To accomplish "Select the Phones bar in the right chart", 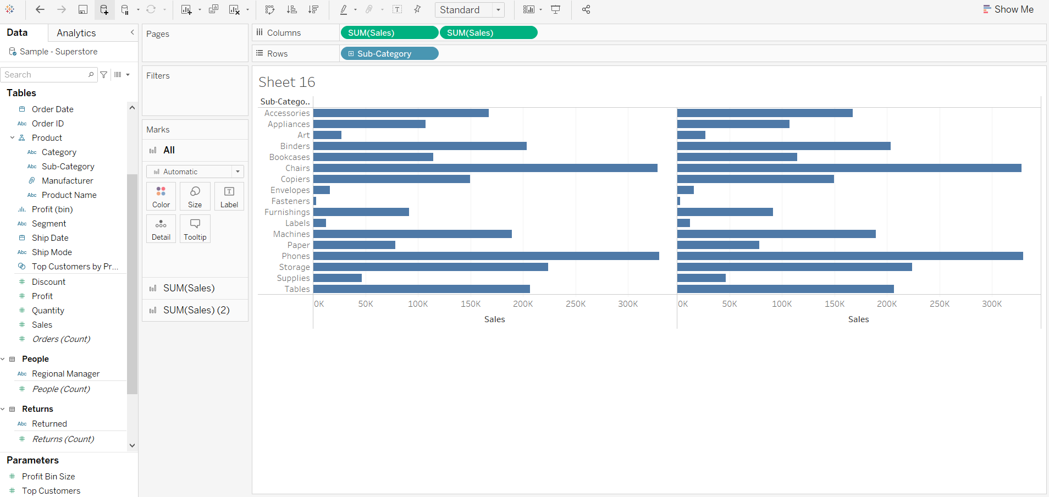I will point(849,256).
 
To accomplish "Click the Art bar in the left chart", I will point(327,135).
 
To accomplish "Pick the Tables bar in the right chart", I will point(785,289).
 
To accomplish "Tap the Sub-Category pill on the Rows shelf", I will point(389,54).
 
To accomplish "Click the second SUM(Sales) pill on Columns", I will point(488,33).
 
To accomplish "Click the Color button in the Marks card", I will point(161,196).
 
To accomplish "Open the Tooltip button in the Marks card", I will point(195,229).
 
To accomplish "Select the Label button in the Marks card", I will point(229,196).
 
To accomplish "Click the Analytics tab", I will point(76,33).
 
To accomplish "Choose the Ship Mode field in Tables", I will point(52,252).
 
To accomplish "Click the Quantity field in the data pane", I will point(48,311).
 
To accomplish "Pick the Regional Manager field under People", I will point(65,374).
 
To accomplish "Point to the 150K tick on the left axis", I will point(471,304).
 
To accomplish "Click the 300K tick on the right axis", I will point(992,304).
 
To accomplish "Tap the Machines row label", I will point(291,234).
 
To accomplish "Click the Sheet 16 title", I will point(287,82).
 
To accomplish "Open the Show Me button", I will point(1008,9).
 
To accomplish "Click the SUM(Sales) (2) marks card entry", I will point(196,310).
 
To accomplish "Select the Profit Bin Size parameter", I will point(48,477).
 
